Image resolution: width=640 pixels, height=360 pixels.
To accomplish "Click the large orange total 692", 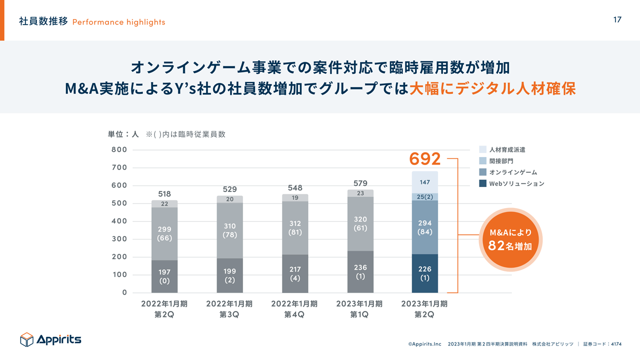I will tap(425, 159).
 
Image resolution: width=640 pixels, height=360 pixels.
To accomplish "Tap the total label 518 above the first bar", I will tap(164, 194).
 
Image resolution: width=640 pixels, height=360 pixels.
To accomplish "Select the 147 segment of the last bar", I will tap(425, 182).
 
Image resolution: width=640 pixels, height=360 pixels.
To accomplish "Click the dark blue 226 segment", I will tap(425, 273).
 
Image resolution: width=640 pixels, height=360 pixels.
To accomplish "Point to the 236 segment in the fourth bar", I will tap(360, 271).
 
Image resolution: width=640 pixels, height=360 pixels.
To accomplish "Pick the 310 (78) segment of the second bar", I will tap(229, 230).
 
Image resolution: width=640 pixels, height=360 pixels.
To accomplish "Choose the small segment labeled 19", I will tap(295, 198).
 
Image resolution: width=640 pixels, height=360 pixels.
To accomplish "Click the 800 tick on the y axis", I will tap(119, 149).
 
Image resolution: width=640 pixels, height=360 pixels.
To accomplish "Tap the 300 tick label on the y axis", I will tap(119, 239).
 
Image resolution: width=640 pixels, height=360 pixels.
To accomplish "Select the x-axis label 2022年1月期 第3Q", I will tap(229, 309).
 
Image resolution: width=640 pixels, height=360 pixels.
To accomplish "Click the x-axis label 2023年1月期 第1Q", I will tap(360, 309).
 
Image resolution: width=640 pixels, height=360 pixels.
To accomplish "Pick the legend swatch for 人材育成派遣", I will tap(482, 149).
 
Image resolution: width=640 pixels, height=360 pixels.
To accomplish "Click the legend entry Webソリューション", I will tap(516, 183).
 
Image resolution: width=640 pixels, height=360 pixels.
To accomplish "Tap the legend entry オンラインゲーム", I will tap(513, 172).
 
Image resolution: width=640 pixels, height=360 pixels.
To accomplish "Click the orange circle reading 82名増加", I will tap(510, 240).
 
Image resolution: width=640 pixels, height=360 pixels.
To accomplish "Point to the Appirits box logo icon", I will tap(26, 339).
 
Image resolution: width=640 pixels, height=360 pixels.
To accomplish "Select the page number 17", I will tap(617, 20).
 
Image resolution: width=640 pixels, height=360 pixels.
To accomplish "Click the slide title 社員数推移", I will tap(43, 21).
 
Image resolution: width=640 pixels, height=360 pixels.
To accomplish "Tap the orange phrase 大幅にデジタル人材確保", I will tap(492, 88).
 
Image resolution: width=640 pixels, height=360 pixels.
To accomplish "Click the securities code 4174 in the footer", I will tap(616, 344).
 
